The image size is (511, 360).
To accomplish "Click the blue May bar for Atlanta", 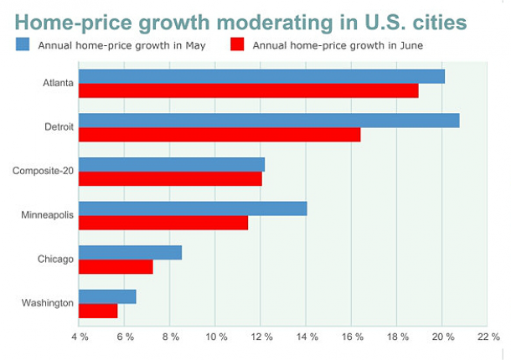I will tap(261, 77).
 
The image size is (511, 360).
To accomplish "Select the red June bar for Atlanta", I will tap(248, 91).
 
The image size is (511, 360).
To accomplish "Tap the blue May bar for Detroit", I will tap(269, 121).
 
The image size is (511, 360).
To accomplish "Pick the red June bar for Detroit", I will tap(219, 135).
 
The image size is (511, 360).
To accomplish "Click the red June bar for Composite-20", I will tap(170, 179).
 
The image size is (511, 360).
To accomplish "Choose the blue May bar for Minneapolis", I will tap(193, 208).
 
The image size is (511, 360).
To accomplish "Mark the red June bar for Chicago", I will tap(116, 267).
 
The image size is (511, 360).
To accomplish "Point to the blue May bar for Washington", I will tap(107, 296).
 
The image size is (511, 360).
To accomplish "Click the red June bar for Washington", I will tap(98, 311).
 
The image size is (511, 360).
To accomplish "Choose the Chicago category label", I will tap(55, 260).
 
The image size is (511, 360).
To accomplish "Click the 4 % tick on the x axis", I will tap(80, 337).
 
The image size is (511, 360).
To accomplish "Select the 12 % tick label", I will tap(261, 337).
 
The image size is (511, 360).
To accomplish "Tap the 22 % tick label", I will tap(488, 337).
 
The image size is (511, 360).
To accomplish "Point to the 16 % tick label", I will tap(352, 337).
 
